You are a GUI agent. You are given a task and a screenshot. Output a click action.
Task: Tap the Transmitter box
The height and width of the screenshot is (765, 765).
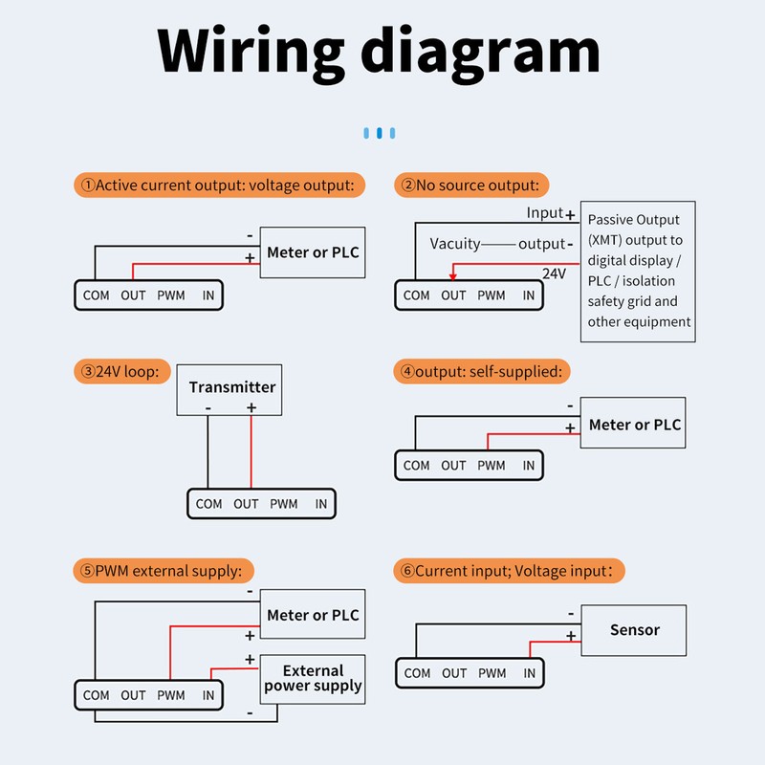(x=229, y=390)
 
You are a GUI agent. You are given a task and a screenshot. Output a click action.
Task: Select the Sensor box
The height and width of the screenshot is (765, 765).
(x=634, y=630)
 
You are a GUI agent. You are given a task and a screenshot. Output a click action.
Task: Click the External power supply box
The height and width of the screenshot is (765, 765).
(x=313, y=679)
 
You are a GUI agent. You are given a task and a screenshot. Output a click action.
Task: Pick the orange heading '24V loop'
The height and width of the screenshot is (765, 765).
(x=122, y=372)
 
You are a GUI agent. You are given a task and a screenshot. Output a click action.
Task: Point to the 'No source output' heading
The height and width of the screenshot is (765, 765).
(x=471, y=185)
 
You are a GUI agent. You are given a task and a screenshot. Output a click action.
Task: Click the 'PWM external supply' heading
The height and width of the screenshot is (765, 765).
(x=164, y=571)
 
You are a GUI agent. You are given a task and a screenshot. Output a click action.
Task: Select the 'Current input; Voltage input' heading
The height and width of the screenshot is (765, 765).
(x=509, y=571)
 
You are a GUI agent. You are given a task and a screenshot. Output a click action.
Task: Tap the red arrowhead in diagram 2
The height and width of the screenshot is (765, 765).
(x=453, y=276)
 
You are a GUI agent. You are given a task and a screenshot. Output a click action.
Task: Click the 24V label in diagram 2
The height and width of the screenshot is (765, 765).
(x=555, y=273)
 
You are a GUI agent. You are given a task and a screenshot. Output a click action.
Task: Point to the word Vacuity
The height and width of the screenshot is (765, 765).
(x=455, y=244)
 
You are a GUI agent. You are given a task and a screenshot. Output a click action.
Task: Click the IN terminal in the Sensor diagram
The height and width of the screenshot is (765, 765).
(x=530, y=673)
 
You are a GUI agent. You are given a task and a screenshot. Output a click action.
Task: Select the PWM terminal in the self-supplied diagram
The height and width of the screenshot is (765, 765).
(x=492, y=466)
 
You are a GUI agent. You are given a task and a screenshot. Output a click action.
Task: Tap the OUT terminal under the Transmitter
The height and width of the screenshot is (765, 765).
(x=246, y=504)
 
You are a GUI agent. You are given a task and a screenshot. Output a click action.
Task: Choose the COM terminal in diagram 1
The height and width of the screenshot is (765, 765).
(x=97, y=295)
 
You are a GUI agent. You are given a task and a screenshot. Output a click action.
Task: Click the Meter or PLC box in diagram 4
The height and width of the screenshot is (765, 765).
(x=633, y=423)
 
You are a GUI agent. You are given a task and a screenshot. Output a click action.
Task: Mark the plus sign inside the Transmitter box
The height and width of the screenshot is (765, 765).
(x=251, y=407)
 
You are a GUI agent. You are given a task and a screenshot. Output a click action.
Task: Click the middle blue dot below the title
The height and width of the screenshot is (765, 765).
(x=380, y=133)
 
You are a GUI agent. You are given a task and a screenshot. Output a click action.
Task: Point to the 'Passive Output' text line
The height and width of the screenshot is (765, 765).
(x=633, y=220)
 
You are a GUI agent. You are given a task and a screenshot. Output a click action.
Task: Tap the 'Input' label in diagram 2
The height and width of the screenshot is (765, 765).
(x=545, y=212)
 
